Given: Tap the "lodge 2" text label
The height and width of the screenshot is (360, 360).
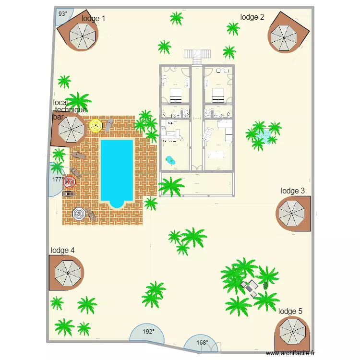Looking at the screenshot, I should click(252, 17).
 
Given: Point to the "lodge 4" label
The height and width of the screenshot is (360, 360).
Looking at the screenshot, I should click(62, 251).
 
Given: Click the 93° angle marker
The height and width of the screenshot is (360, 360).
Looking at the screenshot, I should click(63, 14).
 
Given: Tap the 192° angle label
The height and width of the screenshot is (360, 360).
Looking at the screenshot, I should click(148, 332).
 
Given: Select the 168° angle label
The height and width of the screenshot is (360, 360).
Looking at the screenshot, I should click(203, 343).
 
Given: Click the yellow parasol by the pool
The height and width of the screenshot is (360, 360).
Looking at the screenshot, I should click(96, 126).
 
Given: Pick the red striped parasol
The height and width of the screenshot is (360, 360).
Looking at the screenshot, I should click(70, 182).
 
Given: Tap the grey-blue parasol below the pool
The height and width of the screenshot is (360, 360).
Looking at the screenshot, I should click(79, 214).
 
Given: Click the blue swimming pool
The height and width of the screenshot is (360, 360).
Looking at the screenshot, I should click(116, 170).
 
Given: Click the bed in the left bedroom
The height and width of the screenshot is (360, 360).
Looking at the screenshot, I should click(175, 95).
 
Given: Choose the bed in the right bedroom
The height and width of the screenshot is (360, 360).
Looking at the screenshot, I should click(218, 95).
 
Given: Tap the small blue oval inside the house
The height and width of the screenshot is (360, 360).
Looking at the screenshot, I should click(170, 159).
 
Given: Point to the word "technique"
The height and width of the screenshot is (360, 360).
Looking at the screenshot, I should click(71, 110).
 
